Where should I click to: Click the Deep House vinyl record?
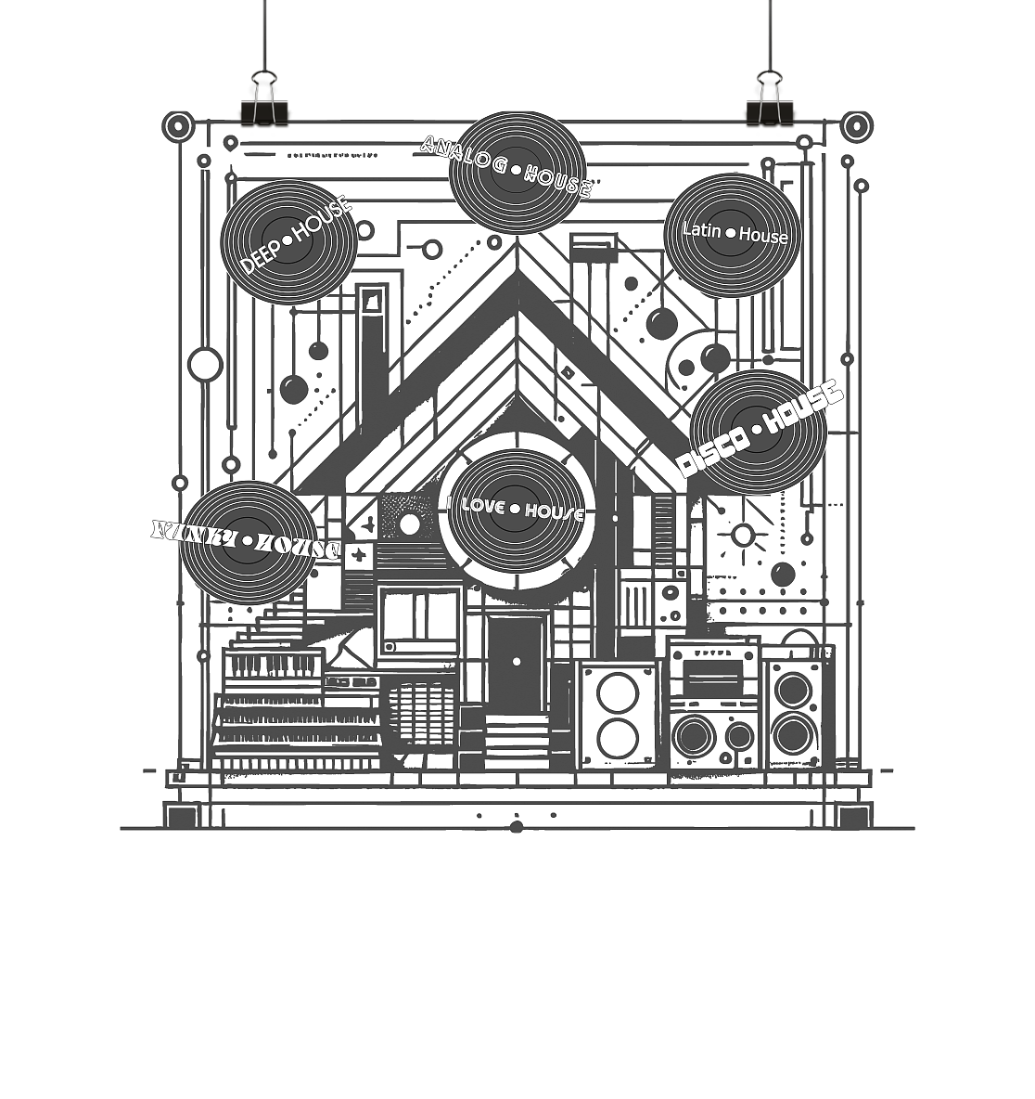click(x=288, y=241)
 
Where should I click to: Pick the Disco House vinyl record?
click(x=758, y=433)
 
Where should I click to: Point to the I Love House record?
click(x=517, y=511)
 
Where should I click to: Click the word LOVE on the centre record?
click(x=482, y=506)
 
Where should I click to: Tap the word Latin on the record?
click(x=701, y=229)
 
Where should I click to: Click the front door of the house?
click(x=516, y=663)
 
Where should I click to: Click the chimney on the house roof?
click(x=372, y=353)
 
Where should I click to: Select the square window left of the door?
click(x=419, y=623)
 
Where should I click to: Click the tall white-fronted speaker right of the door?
click(x=617, y=715)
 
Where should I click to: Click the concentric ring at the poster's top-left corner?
click(x=177, y=126)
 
